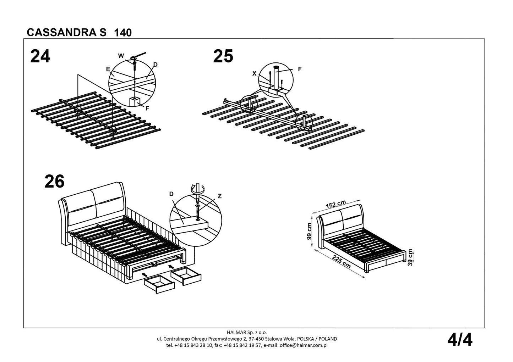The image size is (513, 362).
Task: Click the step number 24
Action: pos(40,57)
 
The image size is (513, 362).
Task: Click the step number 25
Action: pos(223,57)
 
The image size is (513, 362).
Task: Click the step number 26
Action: pos(54,182)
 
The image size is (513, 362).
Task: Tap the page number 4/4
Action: pos(460,340)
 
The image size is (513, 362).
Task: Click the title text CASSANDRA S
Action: pos(66,32)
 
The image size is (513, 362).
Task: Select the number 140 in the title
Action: pos(123,33)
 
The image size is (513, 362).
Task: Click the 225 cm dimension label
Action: pos(341,262)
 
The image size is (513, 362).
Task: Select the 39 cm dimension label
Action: pos(410,258)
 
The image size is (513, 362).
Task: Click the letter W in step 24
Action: pos(121,56)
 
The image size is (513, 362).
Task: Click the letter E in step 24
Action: pos(108,69)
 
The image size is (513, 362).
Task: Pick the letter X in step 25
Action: pos(254,73)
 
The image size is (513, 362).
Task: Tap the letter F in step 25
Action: pos(300,69)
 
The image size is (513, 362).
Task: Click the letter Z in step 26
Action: pos(220,196)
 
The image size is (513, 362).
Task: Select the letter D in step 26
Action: pos(171,194)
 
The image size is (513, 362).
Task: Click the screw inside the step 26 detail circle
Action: pos(197,211)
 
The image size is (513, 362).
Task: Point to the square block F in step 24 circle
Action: pos(135,101)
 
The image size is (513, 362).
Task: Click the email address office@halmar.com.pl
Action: pos(303,345)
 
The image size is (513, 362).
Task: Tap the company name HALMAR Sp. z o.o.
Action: pos(246,333)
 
